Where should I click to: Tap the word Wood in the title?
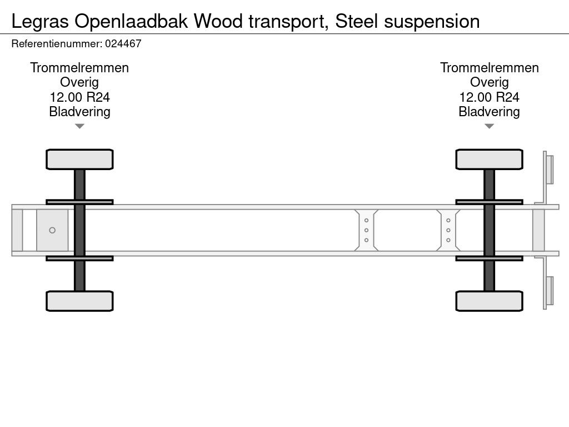(219, 22)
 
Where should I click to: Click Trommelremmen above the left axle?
(79, 68)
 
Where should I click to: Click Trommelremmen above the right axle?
(489, 68)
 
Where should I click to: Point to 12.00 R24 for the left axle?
(79, 97)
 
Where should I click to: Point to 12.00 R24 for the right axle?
(489, 97)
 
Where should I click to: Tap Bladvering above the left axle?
(79, 112)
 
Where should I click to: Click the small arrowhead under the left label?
(79, 127)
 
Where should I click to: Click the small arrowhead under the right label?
(489, 127)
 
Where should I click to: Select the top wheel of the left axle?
(79, 159)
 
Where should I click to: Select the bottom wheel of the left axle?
(79, 301)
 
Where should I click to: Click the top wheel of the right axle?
(489, 159)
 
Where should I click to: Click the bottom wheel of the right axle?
(489, 301)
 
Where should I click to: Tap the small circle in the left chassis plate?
(52, 230)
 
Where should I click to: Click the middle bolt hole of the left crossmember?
(366, 230)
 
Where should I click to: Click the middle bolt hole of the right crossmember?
(448, 230)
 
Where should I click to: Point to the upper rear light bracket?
(548, 169)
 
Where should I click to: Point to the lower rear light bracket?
(548, 291)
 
